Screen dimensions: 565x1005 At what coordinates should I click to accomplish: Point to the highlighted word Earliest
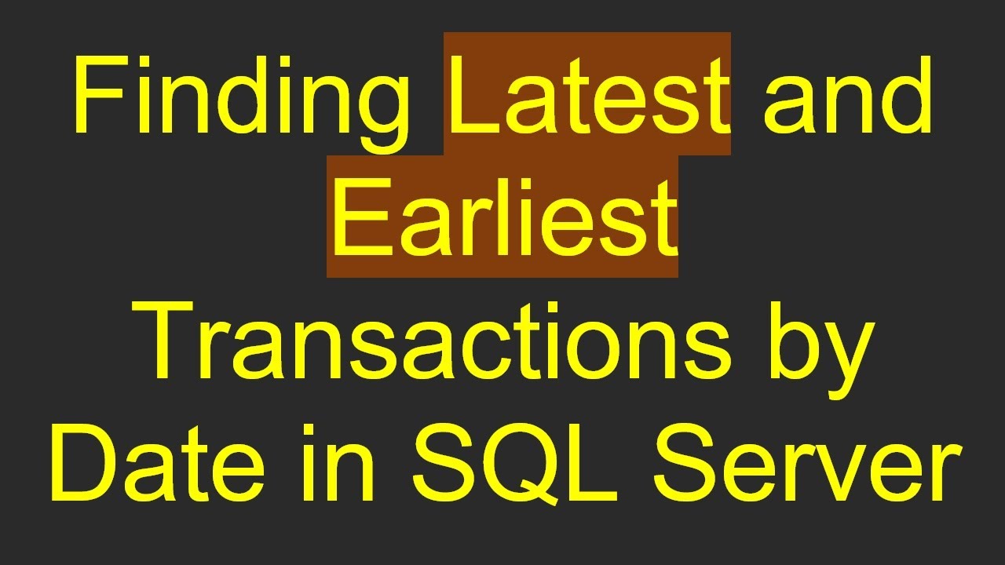click(x=502, y=217)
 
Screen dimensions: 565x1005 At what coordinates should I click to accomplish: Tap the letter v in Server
click(x=848, y=474)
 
